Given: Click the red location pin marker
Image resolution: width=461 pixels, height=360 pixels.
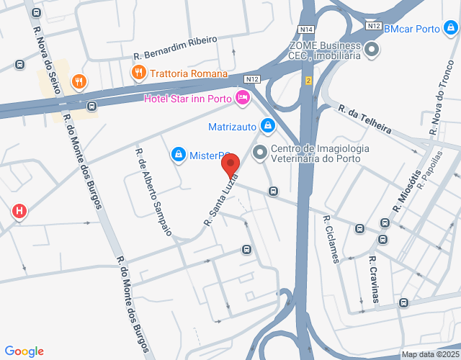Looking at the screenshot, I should [x=230, y=166].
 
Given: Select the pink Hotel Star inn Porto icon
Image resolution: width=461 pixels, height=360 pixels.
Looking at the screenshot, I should [x=243, y=98].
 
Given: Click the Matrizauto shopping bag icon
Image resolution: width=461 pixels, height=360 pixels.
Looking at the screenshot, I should [x=267, y=127].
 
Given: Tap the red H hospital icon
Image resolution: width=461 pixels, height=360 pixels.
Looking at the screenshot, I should [x=19, y=212].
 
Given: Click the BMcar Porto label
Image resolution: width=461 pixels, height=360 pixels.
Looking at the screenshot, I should [x=412, y=30].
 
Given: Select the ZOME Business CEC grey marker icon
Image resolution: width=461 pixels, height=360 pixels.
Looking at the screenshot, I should [x=372, y=50].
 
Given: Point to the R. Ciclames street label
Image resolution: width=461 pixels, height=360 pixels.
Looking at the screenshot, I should [x=331, y=240].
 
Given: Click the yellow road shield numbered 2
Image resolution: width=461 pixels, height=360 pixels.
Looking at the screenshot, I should [x=308, y=80].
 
